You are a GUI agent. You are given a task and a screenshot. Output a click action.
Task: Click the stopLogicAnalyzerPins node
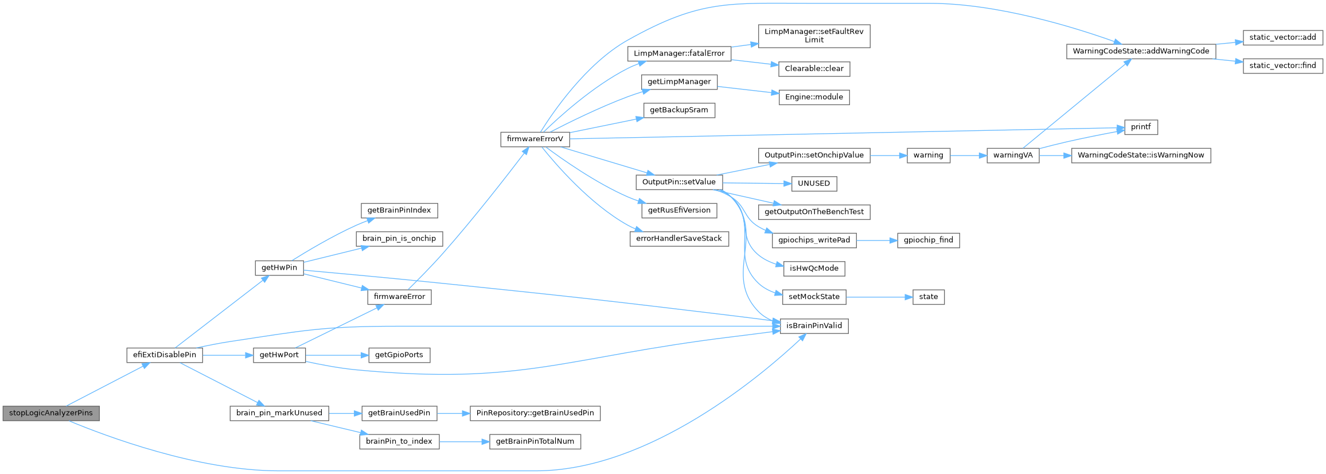pyautogui.click(x=51, y=413)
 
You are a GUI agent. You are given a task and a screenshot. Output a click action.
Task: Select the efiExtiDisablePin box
pyautogui.click(x=165, y=355)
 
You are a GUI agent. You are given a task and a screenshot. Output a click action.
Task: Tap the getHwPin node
pyautogui.click(x=279, y=267)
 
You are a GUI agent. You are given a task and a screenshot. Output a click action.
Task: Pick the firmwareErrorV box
pyautogui.click(x=535, y=139)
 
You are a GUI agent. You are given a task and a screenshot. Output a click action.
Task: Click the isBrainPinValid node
pyautogui.click(x=814, y=326)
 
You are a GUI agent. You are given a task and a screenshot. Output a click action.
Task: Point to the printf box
pyautogui.click(x=1141, y=127)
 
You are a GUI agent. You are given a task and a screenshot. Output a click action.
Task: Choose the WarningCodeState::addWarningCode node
pyautogui.click(x=1141, y=51)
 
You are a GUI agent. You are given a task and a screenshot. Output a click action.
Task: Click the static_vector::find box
pyautogui.click(x=1282, y=65)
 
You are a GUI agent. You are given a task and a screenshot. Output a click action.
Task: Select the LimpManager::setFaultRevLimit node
pyautogui.click(x=814, y=36)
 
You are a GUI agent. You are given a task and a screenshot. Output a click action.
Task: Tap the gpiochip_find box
pyautogui.click(x=928, y=240)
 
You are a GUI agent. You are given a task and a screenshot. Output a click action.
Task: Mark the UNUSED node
pyautogui.click(x=814, y=184)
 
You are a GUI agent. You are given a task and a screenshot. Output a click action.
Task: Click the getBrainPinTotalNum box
pyautogui.click(x=535, y=441)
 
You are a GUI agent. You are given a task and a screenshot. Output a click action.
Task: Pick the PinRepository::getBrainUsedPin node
pyautogui.click(x=535, y=413)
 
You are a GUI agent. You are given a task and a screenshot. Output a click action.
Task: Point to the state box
pyautogui.click(x=928, y=297)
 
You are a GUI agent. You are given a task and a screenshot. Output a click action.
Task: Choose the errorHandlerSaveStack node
pyautogui.click(x=678, y=239)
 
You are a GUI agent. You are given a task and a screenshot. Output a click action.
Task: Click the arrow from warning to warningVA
pyautogui.click(x=968, y=155)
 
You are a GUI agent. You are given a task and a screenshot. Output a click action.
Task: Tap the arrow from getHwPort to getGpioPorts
pyautogui.click(x=336, y=355)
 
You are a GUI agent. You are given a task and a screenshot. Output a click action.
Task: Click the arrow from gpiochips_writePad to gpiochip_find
pyautogui.click(x=876, y=240)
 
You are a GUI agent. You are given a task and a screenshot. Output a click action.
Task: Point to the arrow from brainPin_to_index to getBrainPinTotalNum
pyautogui.click(x=464, y=442)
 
